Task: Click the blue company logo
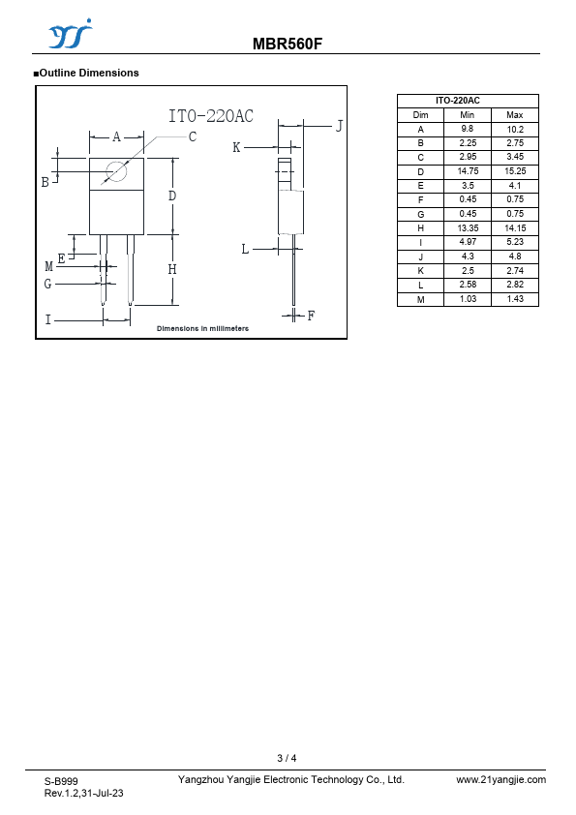click(70, 34)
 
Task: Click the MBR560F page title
click(288, 44)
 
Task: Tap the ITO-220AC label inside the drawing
click(211, 115)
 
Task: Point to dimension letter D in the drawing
click(172, 196)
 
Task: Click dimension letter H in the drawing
click(172, 269)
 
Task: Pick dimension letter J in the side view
click(339, 126)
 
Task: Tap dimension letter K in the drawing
click(236, 148)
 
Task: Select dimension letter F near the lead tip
click(311, 316)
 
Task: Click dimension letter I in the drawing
click(48, 319)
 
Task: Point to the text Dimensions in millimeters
click(202, 328)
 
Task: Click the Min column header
click(468, 115)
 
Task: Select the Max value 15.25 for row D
click(515, 171)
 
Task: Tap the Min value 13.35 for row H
click(468, 228)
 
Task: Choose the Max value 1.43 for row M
click(515, 299)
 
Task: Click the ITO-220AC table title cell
click(458, 101)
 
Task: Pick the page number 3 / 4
click(287, 758)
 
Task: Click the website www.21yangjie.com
click(501, 779)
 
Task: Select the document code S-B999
click(61, 781)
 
